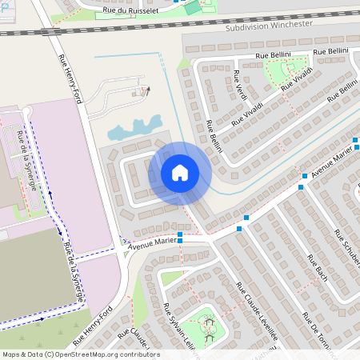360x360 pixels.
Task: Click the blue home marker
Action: (x=180, y=173)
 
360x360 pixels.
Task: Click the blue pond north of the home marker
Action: (x=134, y=126)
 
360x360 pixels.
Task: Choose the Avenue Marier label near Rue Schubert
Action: (x=331, y=163)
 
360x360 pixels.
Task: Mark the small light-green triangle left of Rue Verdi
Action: (x=183, y=62)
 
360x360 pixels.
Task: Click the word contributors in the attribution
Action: (x=138, y=354)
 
